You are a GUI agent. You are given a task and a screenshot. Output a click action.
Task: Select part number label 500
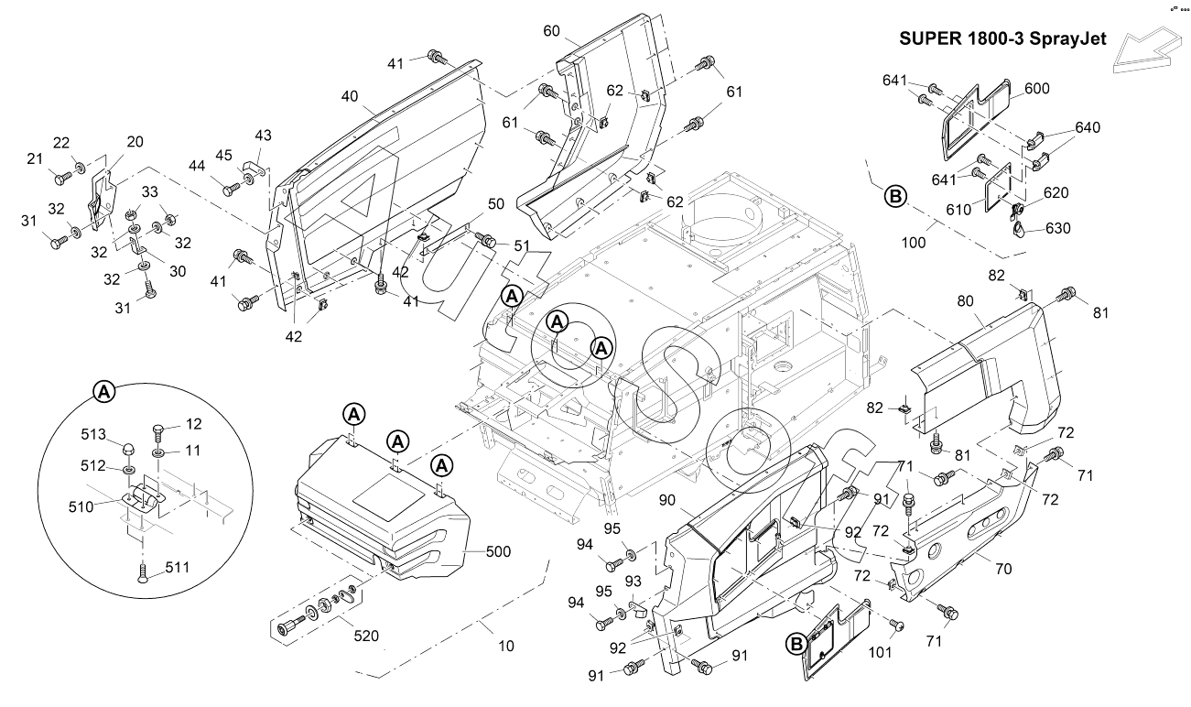click(x=498, y=551)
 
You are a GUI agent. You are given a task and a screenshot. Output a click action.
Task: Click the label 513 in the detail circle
click(x=93, y=434)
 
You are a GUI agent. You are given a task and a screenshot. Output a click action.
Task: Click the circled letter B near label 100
click(x=894, y=195)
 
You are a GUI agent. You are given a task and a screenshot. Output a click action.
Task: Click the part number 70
click(x=1003, y=569)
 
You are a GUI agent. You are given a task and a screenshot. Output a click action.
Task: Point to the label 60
click(x=551, y=30)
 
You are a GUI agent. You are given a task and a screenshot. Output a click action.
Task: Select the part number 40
click(x=350, y=96)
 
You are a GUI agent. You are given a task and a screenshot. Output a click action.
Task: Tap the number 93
click(x=632, y=583)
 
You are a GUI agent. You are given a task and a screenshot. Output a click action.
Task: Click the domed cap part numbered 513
click(x=130, y=449)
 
